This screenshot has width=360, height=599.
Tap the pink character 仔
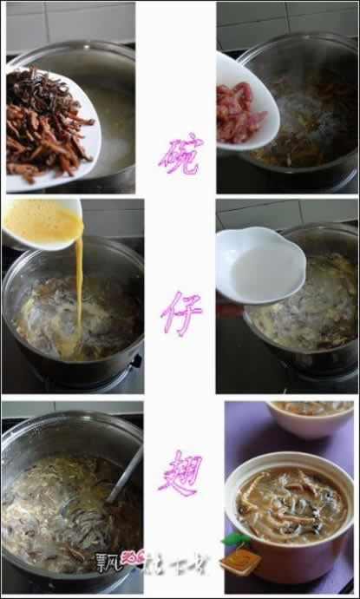(180, 314)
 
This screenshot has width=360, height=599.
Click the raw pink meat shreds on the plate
(240, 114)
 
